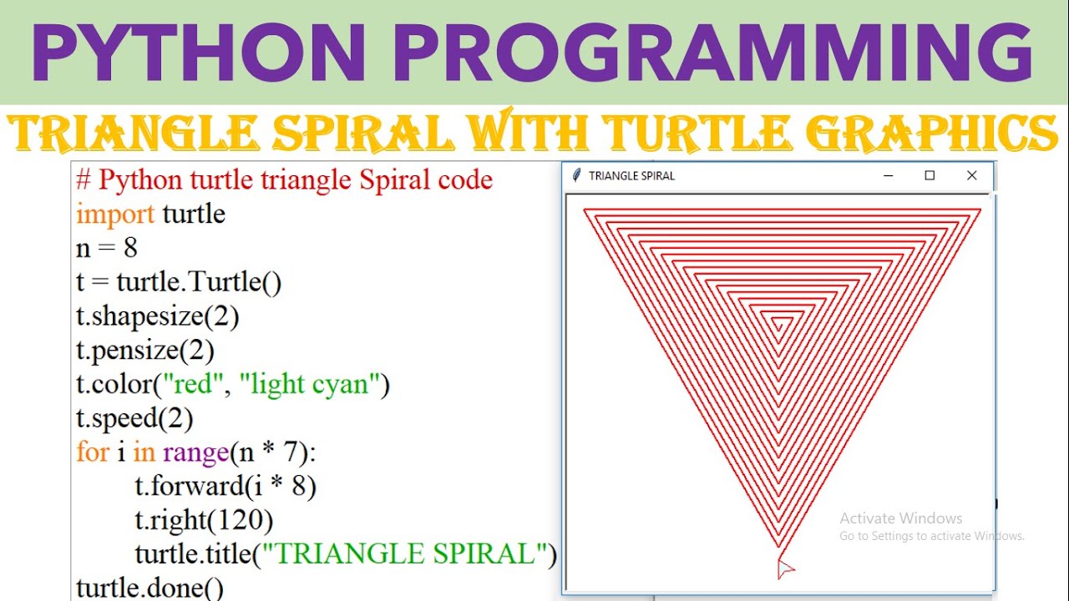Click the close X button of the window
coord(971,176)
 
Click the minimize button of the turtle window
coord(889,176)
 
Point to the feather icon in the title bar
coord(576,176)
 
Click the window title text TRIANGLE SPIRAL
coord(631,176)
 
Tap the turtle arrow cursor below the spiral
coord(784,568)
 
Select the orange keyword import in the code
coord(115,215)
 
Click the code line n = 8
coord(107,248)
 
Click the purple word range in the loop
coord(195,452)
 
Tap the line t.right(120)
coord(204,521)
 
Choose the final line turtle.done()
coord(149,588)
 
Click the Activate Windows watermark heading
coord(900,518)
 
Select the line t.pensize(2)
coord(144,351)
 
